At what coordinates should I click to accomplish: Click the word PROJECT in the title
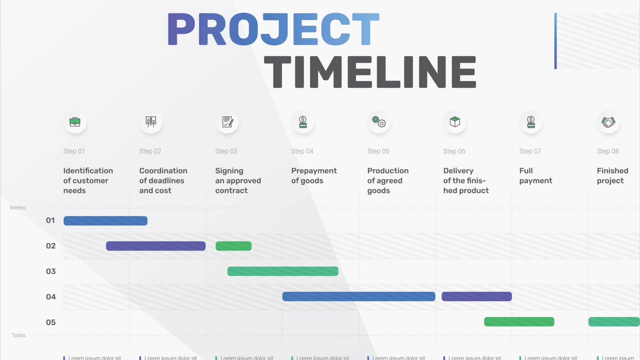pos(273,29)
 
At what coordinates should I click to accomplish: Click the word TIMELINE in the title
pos(370,72)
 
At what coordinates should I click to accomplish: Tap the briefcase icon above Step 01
pos(75,122)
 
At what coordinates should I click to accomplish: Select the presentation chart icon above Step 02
pos(151,122)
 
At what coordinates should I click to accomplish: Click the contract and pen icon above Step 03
pos(227,122)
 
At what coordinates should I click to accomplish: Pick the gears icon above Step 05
pos(379,122)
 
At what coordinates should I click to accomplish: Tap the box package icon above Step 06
pos(455,122)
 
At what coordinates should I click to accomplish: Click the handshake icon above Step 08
pos(608,122)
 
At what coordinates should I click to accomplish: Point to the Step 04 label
pos(302,151)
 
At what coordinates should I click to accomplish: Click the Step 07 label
pos(530,151)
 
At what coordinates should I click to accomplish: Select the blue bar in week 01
pos(105,221)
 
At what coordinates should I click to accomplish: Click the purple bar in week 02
pos(156,246)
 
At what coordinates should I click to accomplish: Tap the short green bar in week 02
pos(233,246)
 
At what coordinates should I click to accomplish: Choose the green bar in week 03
pos(283,271)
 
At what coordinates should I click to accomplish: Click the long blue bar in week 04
pos(359,297)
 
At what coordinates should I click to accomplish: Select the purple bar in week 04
pos(477,297)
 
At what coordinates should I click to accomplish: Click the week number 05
pos(51,322)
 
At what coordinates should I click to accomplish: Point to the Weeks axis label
pos(17,208)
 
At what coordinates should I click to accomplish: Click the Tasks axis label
pos(18,335)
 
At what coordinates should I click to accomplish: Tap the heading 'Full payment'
pos(535,176)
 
